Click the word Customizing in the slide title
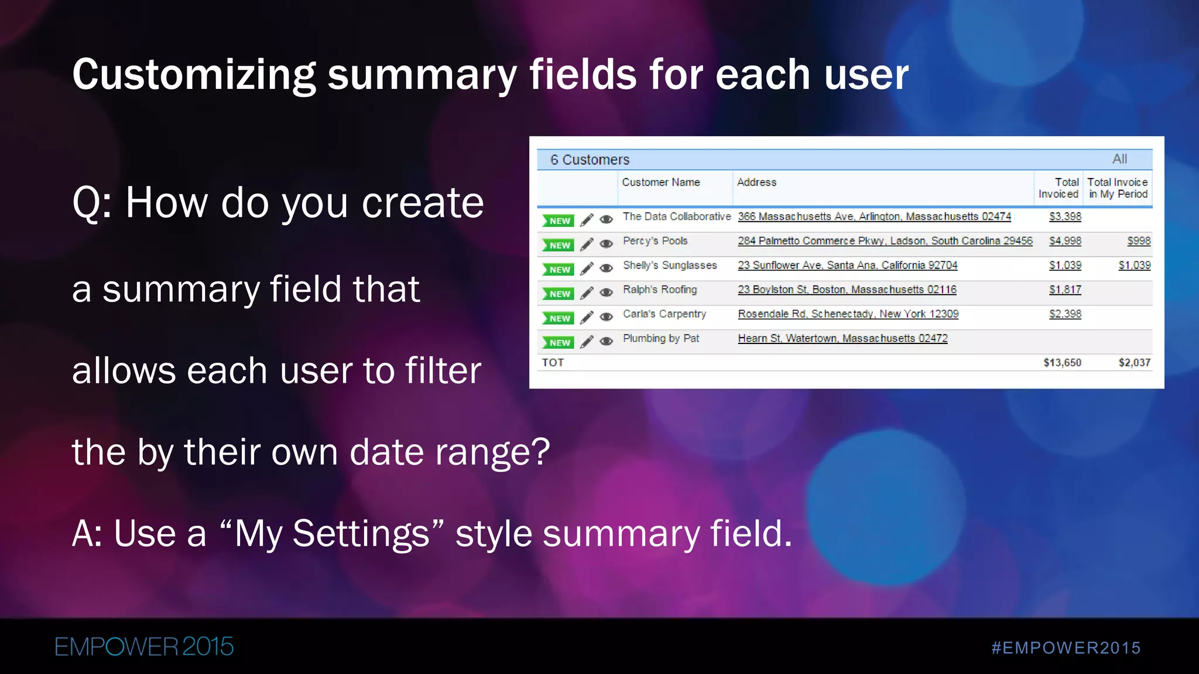(194, 75)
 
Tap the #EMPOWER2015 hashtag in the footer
(1066, 648)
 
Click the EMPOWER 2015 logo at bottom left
(144, 647)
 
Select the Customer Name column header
(660, 183)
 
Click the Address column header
(756, 183)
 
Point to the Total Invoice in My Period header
(1117, 188)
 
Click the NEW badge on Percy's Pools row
(559, 245)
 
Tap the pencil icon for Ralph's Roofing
(587, 293)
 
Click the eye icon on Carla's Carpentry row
(607, 317)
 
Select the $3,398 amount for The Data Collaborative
(1065, 216)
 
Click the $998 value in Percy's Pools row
(1139, 241)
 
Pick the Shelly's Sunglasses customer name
(670, 265)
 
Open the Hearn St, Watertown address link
(842, 338)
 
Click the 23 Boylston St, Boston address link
(847, 290)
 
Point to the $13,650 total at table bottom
(1062, 363)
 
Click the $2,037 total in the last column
(1134, 363)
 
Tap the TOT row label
(553, 363)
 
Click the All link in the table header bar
(1119, 159)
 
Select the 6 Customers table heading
(590, 160)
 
